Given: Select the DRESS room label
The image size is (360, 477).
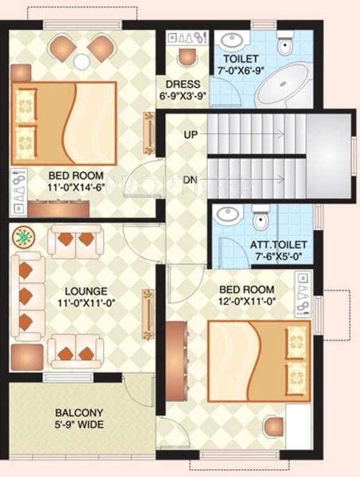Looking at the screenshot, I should [x=182, y=84].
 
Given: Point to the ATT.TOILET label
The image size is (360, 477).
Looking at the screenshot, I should [x=276, y=245].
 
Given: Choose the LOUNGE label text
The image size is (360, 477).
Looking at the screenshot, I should [x=86, y=291].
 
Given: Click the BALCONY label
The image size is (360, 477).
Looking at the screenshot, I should [x=79, y=413].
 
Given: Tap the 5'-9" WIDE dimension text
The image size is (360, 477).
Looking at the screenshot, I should [x=79, y=425].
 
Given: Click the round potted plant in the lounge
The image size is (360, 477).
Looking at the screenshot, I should [x=24, y=237].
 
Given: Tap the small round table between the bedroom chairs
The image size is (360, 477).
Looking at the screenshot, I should [x=82, y=61].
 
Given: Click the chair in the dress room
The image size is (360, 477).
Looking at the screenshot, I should [x=185, y=57].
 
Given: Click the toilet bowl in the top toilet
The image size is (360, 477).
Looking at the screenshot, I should [x=285, y=44].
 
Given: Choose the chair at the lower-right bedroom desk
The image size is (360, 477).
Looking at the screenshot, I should [x=272, y=427].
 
